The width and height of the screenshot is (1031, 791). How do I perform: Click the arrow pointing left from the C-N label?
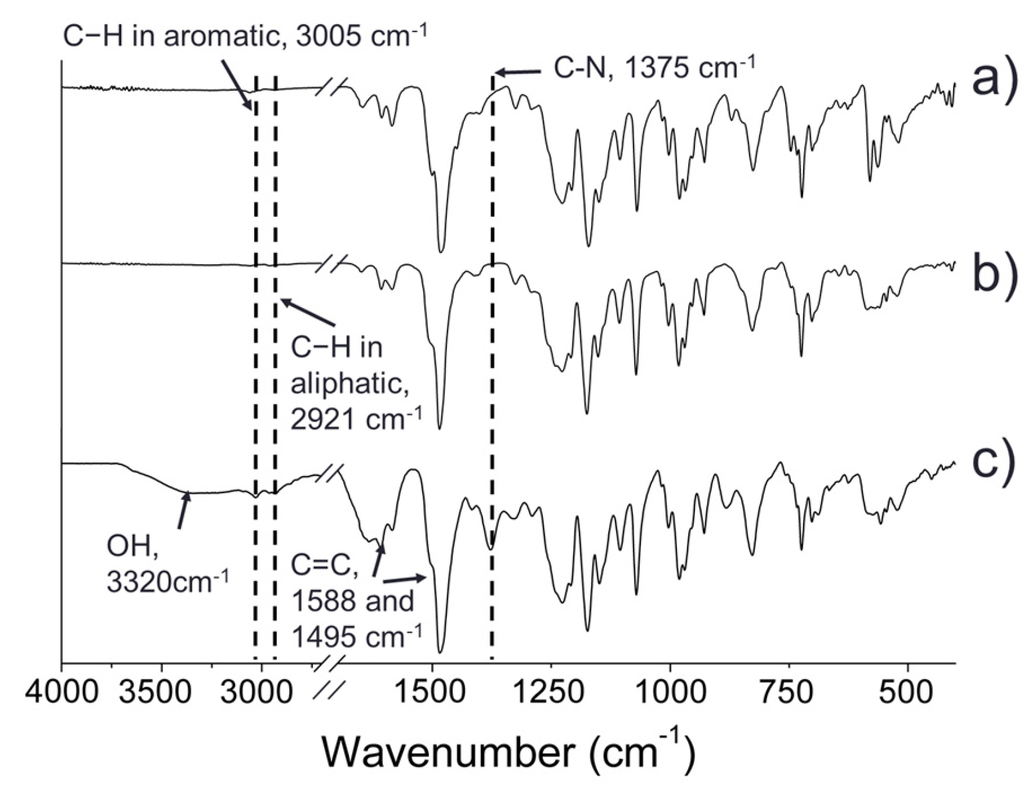pyautogui.click(x=518, y=73)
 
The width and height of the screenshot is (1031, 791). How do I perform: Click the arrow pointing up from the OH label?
pyautogui.click(x=184, y=510)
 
